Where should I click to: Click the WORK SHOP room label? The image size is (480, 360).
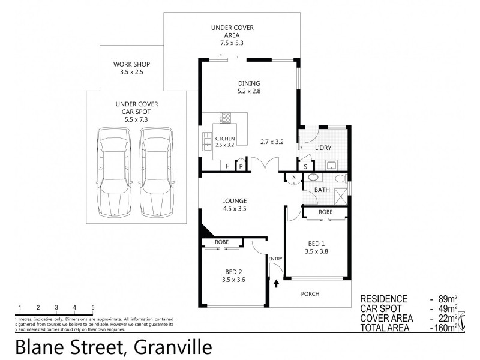(132, 64)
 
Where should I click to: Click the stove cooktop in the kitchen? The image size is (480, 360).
(226, 118)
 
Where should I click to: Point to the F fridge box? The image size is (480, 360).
(227, 166)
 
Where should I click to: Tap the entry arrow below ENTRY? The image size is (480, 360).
(276, 282)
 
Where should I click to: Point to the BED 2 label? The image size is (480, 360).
(233, 271)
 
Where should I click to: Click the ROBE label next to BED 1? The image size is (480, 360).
(325, 212)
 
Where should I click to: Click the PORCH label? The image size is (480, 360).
(310, 293)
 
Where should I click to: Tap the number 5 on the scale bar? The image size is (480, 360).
(93, 307)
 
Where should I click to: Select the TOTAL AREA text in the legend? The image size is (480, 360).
(384, 328)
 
